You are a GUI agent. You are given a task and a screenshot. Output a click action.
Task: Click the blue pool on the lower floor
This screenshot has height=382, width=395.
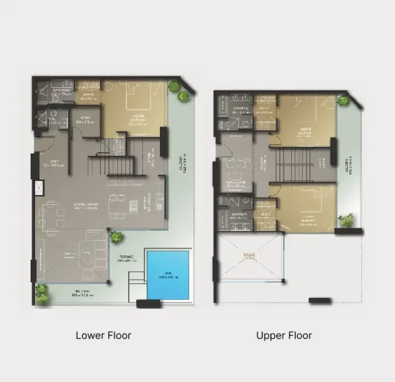pyautogui.click(x=168, y=274)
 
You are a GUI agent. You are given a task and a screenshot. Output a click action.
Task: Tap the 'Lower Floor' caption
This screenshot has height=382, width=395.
pyautogui.click(x=103, y=336)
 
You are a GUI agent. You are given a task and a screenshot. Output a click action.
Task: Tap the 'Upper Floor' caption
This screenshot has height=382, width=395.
pyautogui.click(x=284, y=336)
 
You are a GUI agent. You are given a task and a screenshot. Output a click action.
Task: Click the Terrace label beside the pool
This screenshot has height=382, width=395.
pyautogui.click(x=127, y=259)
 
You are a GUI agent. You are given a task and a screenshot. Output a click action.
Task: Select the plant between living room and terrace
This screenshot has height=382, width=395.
pyautogui.click(x=116, y=237)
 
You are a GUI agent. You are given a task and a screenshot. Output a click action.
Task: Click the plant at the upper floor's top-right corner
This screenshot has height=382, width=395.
pyautogui.click(x=343, y=100)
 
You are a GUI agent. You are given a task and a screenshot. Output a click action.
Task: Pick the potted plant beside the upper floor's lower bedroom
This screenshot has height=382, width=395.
pyautogui.click(x=347, y=220)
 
